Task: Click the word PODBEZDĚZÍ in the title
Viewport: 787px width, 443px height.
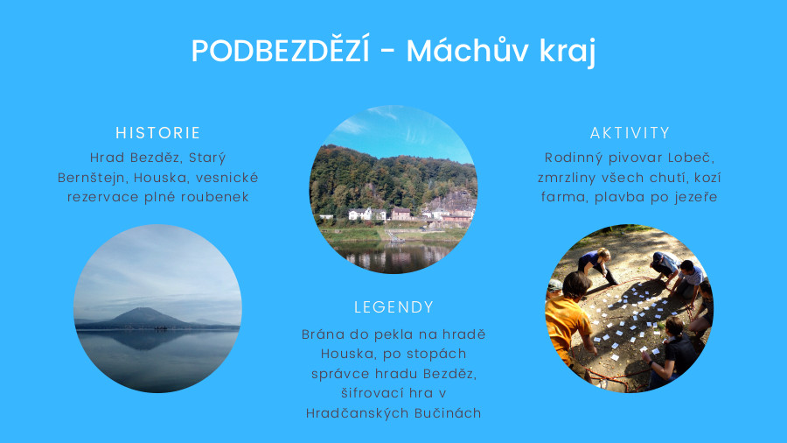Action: coord(280,50)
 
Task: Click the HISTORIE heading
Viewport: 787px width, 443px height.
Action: coord(157,132)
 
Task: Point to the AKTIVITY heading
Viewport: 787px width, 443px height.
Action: coord(630,132)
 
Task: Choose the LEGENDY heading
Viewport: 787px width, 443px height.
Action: coord(393,307)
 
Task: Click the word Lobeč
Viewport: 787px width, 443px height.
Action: coord(691,158)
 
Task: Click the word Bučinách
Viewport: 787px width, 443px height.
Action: coord(448,413)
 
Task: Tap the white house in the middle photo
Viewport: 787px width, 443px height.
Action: coord(360,214)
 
